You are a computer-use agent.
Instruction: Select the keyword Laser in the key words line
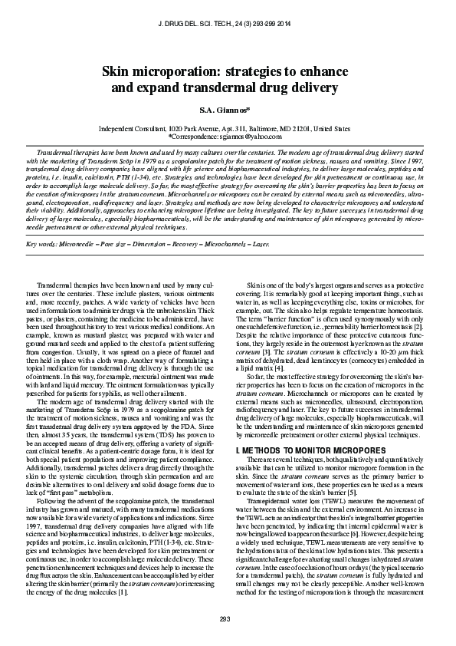click(261, 243)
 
